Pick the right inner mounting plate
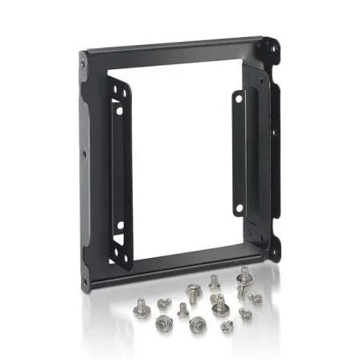pos(239,153)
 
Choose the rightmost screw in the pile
pos(255,298)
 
